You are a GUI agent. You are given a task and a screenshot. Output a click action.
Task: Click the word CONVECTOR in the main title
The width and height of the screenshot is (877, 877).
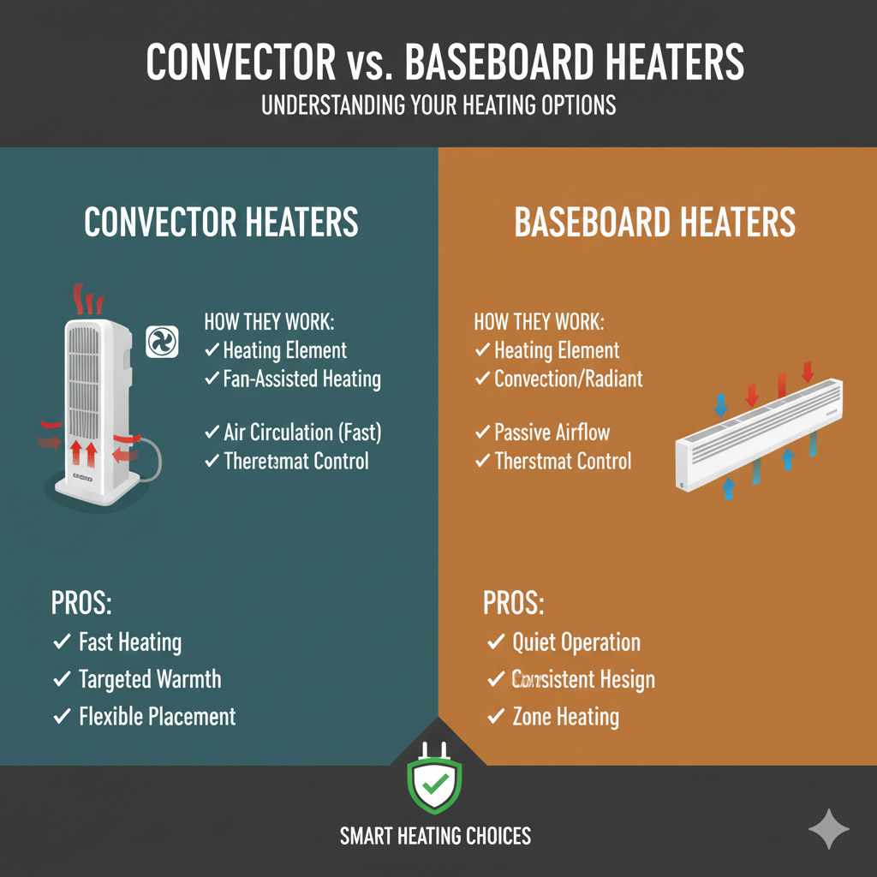click(x=241, y=63)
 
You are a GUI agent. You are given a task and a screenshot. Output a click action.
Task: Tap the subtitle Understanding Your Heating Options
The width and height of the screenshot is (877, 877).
click(x=438, y=106)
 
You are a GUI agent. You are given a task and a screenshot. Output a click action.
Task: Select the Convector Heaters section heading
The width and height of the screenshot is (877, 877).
click(x=221, y=223)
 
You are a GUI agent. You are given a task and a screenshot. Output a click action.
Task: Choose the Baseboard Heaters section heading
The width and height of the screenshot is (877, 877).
click(x=655, y=223)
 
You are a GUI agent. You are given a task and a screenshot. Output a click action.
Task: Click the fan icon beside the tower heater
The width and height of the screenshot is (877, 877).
click(x=161, y=342)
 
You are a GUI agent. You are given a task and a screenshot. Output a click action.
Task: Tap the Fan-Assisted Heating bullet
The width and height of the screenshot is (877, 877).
click(x=301, y=378)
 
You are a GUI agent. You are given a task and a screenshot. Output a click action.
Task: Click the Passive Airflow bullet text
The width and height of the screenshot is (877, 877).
click(x=552, y=433)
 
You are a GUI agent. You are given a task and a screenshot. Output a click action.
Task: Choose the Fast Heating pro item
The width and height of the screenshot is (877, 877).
click(x=130, y=642)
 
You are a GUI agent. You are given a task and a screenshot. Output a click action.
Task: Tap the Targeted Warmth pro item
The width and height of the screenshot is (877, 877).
click(x=150, y=680)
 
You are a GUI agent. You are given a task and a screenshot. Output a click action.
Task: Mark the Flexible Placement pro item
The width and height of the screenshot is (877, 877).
click(x=157, y=717)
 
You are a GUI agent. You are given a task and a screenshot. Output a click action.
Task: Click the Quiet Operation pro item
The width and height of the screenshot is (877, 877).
click(x=576, y=642)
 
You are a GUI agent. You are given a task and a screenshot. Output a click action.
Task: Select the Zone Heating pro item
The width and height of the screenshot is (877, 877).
click(x=565, y=717)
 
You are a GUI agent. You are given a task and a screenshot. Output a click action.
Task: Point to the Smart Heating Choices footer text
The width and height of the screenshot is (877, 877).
click(x=435, y=836)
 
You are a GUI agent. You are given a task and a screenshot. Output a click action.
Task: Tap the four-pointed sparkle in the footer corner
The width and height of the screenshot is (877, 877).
click(x=829, y=828)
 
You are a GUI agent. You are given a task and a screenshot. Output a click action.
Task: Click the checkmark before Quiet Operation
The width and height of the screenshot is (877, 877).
click(x=495, y=642)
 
